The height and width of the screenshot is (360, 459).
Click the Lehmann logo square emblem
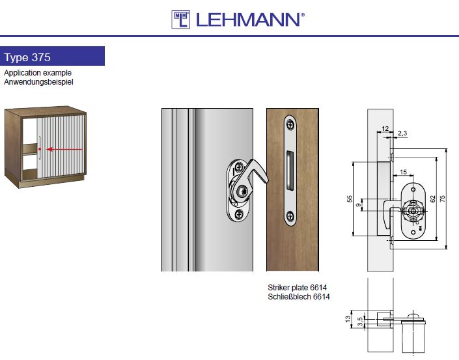(180, 20)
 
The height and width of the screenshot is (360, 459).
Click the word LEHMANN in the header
(248, 20)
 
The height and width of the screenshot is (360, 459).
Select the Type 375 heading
(27, 57)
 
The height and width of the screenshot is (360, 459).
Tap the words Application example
(38, 72)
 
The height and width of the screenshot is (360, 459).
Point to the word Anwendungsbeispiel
(38, 81)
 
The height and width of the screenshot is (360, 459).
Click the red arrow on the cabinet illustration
(64, 149)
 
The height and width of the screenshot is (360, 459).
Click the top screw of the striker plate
(290, 125)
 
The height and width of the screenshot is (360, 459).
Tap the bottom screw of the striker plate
(290, 216)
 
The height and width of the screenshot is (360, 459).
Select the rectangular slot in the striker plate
(290, 171)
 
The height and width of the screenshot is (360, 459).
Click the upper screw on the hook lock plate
(239, 167)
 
